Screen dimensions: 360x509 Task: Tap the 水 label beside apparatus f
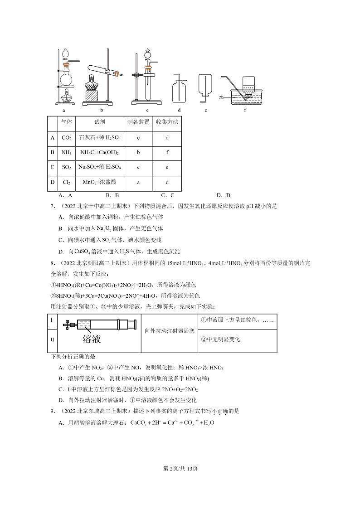click(221, 97)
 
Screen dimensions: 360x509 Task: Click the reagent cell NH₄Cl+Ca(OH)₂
click(99, 152)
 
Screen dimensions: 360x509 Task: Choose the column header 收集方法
click(167, 122)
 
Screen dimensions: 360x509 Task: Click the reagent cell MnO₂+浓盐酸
click(99, 182)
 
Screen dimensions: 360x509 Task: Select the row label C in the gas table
click(53, 167)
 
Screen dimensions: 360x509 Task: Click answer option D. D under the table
click(223, 195)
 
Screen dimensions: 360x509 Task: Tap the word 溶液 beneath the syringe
click(91, 339)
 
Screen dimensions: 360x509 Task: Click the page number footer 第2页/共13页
click(180, 468)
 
